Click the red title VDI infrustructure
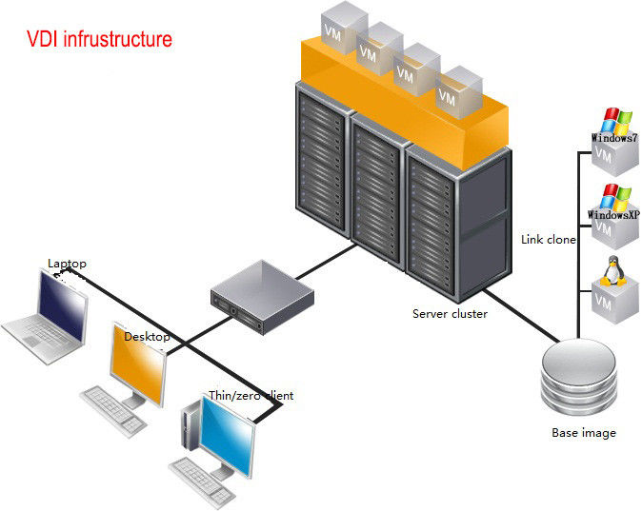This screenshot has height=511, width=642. click(x=98, y=40)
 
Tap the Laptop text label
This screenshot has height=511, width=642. click(x=67, y=263)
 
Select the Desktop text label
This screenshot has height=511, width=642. click(x=147, y=337)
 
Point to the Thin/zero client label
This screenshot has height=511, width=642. click(x=251, y=395)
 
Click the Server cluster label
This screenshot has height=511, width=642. click(x=450, y=313)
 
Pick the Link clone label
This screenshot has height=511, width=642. click(x=549, y=240)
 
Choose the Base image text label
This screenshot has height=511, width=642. click(x=584, y=433)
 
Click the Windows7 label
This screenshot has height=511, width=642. click(x=613, y=138)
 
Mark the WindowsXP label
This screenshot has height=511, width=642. click(x=613, y=215)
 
